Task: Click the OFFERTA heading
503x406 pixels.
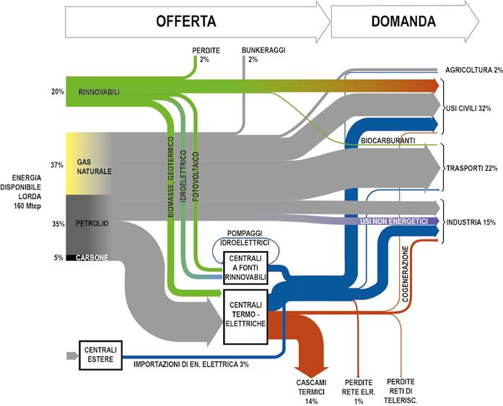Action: (186, 21)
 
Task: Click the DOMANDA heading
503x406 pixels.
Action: (403, 21)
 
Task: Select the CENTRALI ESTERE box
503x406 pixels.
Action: (101, 355)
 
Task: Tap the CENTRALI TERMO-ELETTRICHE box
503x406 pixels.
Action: (245, 317)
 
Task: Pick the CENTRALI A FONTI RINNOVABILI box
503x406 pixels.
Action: (245, 268)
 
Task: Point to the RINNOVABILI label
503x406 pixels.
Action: (99, 92)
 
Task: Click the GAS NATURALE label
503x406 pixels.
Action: (94, 167)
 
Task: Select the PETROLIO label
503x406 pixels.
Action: (92, 224)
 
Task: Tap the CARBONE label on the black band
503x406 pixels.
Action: (92, 257)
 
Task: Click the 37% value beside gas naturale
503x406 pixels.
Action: (57, 165)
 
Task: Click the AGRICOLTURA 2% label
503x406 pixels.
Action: (474, 70)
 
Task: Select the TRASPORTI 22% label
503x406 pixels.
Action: (472, 168)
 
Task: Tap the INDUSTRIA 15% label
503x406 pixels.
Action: (471, 222)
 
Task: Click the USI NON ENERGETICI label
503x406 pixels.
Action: (394, 221)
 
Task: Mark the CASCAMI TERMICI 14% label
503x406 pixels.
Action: (312, 392)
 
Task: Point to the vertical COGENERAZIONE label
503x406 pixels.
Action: (405, 273)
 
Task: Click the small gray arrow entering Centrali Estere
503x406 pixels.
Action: (72, 356)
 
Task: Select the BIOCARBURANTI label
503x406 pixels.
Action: (388, 141)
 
